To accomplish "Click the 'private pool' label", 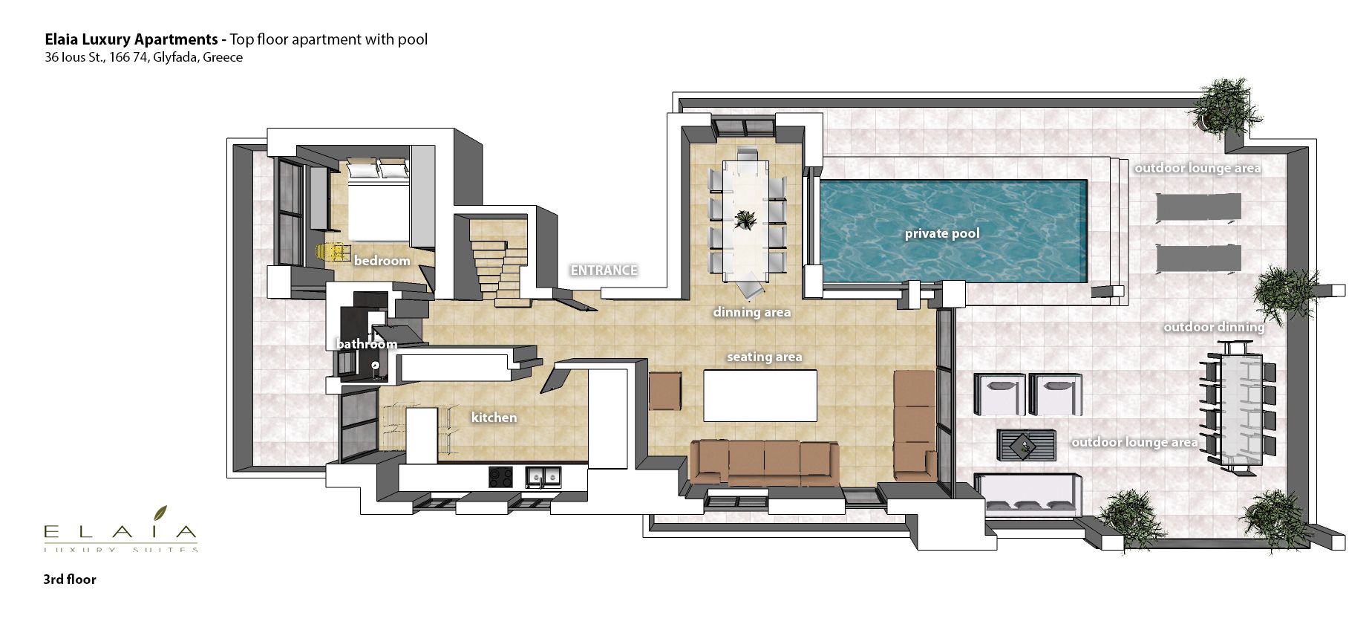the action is coord(942,233).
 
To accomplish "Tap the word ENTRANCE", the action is coord(604,270).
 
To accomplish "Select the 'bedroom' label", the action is coord(382,261).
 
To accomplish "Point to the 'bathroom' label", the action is coord(367,344).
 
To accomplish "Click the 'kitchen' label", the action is coord(494,418).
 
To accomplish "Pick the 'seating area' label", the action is coord(764,357).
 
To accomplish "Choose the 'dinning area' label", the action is coord(751,312).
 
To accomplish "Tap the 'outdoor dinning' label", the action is coord(1214,327).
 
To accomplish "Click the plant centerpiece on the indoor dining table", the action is coord(745,219).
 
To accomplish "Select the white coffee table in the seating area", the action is coord(760,395).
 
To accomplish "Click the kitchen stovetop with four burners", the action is coord(500,476).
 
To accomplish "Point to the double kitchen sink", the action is coord(543,476).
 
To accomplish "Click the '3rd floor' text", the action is coord(70,580).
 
